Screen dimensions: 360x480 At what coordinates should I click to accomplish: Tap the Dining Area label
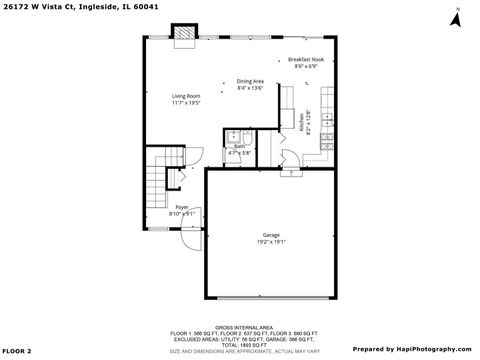click(x=250, y=81)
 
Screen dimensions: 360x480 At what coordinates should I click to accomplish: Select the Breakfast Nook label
click(x=306, y=59)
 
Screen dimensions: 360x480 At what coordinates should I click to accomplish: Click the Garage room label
click(x=271, y=235)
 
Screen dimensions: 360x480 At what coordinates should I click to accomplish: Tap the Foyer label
click(x=182, y=207)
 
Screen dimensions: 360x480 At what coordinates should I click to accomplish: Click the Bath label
click(x=240, y=146)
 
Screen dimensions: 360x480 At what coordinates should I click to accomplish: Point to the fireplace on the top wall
click(x=184, y=36)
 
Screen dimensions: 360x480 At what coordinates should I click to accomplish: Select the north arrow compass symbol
click(x=455, y=17)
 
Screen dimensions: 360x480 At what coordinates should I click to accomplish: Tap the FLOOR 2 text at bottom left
click(x=18, y=351)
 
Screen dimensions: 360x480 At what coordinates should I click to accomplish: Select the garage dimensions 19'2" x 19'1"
click(x=271, y=242)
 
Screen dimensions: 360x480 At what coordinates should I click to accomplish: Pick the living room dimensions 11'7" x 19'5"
click(x=185, y=103)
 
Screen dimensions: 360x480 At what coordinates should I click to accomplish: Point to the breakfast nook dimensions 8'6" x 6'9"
click(x=306, y=66)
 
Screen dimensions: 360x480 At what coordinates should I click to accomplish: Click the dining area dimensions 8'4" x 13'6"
click(x=250, y=88)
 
